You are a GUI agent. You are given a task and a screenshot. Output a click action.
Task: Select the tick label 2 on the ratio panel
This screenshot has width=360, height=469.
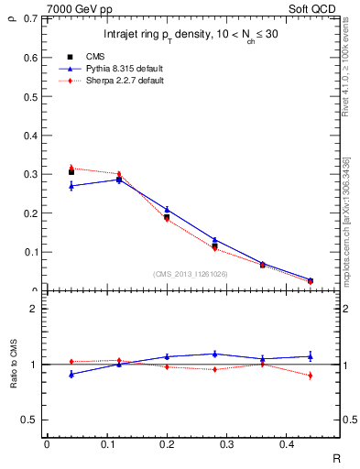click(32, 309)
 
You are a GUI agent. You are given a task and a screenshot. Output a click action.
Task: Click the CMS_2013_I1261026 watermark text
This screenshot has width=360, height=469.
click(191, 273)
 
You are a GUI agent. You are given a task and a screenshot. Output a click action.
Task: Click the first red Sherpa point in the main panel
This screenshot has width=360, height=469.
click(71, 168)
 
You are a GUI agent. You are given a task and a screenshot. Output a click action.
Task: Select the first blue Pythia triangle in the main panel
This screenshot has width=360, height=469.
click(71, 186)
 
